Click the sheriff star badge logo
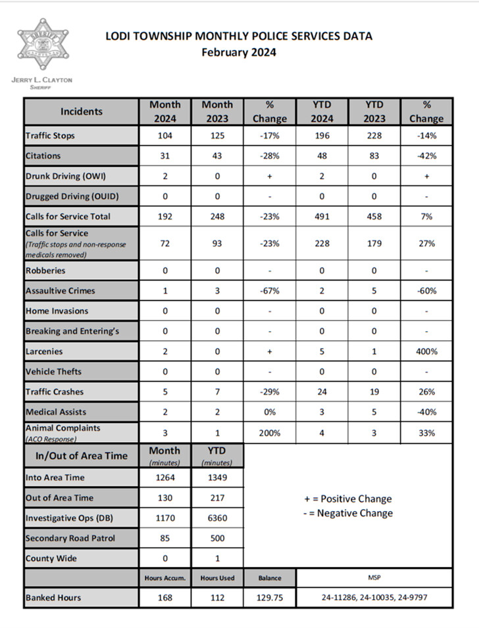pos(43,47)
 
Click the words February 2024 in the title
pos(239,53)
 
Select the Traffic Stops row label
pos(50,135)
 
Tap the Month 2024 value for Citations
pos(165,156)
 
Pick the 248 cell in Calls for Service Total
pos(217,216)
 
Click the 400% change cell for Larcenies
pos(426,351)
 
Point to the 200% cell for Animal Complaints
pos(270,433)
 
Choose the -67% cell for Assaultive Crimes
pos(270,290)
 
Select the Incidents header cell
pos(82,111)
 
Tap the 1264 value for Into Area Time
pos(165,478)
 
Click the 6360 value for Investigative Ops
pos(217,518)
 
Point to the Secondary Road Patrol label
pos(70,538)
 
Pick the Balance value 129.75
pos(270,598)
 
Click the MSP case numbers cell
pos(374,598)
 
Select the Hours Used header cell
pos(217,578)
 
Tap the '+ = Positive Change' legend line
pos(348,499)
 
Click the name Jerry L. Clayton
pos(42,80)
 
